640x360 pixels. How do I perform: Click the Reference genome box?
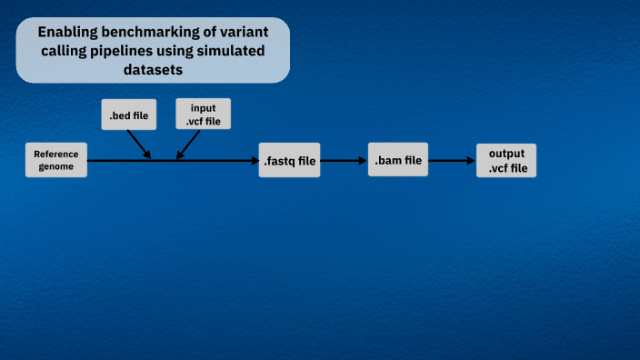coord(56,160)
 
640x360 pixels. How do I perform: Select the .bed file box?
coord(128,115)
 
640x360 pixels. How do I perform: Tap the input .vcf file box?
coord(204,115)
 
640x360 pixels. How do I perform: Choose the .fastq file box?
coord(290,161)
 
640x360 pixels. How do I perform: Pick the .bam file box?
coord(398,160)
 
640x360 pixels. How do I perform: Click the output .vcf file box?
coord(506,161)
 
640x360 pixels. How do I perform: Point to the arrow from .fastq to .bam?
coord(344,161)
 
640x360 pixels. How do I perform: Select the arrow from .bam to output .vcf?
coord(452,161)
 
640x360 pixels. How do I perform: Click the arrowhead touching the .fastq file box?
coord(255,161)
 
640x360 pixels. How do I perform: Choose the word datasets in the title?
coord(153,69)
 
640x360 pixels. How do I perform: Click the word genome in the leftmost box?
coord(56,167)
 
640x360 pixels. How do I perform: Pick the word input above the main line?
coord(204,107)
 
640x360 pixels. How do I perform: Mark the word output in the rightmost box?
coord(506,154)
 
